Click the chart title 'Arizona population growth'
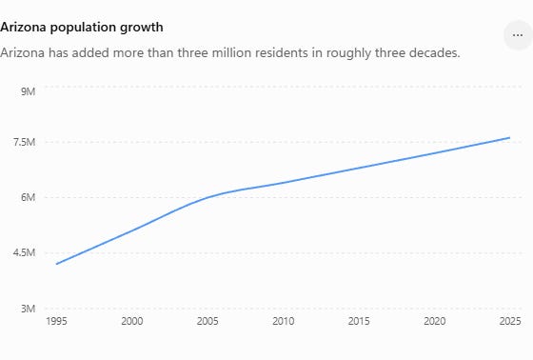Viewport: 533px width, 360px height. pyautogui.click(x=82, y=28)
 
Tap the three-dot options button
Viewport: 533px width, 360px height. pyautogui.click(x=518, y=35)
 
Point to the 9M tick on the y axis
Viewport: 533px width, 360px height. pyautogui.click(x=28, y=91)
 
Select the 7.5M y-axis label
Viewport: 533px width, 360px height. pyautogui.click(x=24, y=142)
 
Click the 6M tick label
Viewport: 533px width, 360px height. pyautogui.click(x=28, y=197)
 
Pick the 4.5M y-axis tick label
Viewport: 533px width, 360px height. pyautogui.click(x=24, y=252)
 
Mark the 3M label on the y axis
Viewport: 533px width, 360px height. pyautogui.click(x=28, y=309)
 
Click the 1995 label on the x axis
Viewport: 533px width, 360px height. pyautogui.click(x=56, y=321)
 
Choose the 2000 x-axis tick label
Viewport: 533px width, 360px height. pyautogui.click(x=132, y=321)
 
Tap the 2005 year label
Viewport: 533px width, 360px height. pyautogui.click(x=207, y=321)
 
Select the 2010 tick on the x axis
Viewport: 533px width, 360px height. pyautogui.click(x=284, y=321)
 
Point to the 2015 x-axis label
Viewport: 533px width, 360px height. pyautogui.click(x=359, y=321)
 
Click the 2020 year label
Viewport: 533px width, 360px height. pyautogui.click(x=434, y=321)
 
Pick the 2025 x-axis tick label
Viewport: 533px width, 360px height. pyautogui.click(x=510, y=321)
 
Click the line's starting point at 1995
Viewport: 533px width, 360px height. pyautogui.click(x=57, y=264)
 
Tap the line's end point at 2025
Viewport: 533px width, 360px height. pyautogui.click(x=509, y=138)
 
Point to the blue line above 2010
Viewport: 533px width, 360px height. pyautogui.click(x=284, y=183)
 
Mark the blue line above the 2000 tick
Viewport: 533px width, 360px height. pyautogui.click(x=132, y=230)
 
